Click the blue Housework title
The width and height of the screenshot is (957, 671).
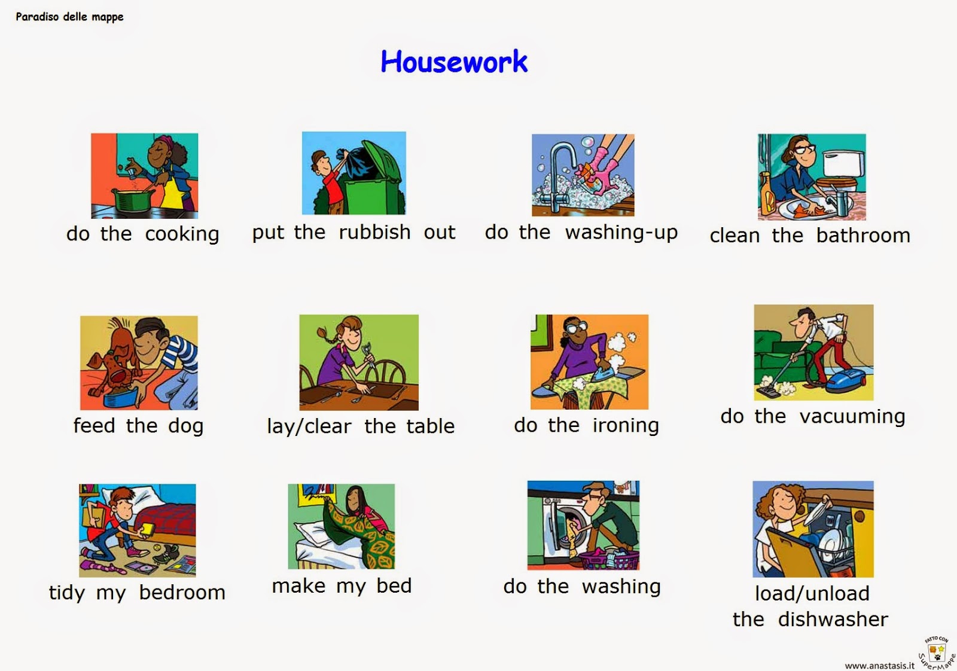[454, 62]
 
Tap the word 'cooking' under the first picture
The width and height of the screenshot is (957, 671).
[182, 234]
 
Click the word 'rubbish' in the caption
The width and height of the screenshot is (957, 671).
[374, 232]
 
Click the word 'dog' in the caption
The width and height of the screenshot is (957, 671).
[185, 426]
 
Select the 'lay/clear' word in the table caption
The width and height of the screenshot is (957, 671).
[309, 426]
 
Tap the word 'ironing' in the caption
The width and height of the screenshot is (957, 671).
[625, 425]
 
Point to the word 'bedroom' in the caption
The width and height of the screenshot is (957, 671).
[182, 593]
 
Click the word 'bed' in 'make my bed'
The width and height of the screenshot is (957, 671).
[394, 585]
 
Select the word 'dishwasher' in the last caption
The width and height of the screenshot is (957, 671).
[833, 620]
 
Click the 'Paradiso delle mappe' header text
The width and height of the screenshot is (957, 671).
[69, 17]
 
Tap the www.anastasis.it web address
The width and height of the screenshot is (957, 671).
[879, 665]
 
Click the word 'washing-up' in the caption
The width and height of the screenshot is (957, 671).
[621, 232]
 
